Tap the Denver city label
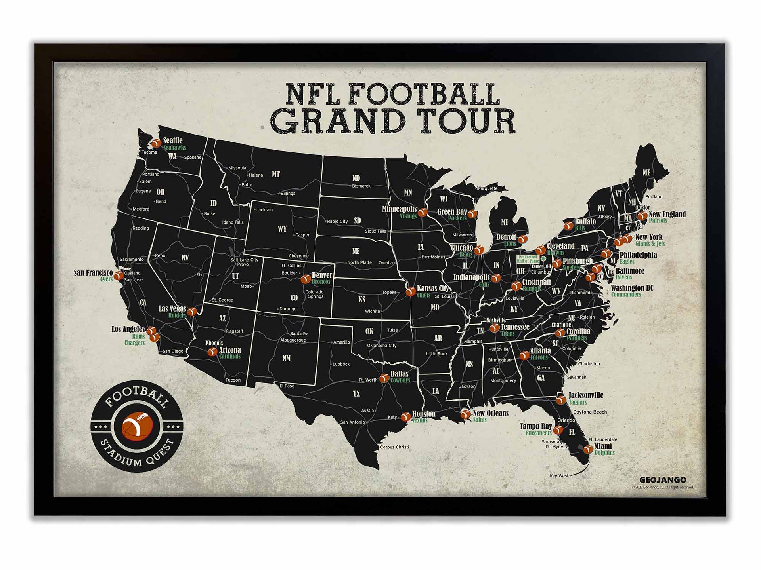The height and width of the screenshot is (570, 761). tap(322, 275)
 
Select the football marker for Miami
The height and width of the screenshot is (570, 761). tap(588, 449)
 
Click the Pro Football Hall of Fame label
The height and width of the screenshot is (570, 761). tap(528, 259)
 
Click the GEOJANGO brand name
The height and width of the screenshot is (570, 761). tap(663, 480)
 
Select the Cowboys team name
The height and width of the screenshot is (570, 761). tap(400, 380)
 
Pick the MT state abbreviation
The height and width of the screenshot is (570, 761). tap(276, 174)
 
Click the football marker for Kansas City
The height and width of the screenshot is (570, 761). tap(410, 292)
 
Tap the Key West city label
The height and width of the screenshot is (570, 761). tap(559, 476)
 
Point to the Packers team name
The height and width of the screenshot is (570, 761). tap(457, 218)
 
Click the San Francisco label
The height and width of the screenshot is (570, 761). tap(93, 273)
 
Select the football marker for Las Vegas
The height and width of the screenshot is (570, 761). tap(192, 312)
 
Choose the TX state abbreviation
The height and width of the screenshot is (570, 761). tap(356, 394)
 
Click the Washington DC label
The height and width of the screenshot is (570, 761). tap(632, 288)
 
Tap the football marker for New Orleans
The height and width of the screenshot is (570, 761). tap(465, 414)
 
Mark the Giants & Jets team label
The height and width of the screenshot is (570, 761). tap(650, 244)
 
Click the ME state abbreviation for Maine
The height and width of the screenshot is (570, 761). tap(646, 173)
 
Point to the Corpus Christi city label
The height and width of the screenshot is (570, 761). tap(394, 447)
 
